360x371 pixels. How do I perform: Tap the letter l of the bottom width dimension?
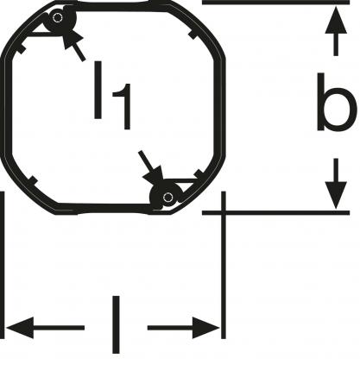pyautogui.click(x=116, y=324)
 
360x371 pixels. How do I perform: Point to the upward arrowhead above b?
pyautogui.click(x=336, y=20)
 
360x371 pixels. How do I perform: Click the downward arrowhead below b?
pyautogui.click(x=336, y=195)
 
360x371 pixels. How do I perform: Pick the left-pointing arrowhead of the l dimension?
pyautogui.click(x=19, y=328)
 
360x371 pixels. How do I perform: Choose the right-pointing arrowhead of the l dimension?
pyautogui.click(x=205, y=328)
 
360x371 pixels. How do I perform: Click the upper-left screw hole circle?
pyautogui.click(x=58, y=18)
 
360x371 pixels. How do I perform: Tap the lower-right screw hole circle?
pyautogui.click(x=167, y=198)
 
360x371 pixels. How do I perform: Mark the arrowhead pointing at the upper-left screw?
pyautogui.click(x=72, y=40)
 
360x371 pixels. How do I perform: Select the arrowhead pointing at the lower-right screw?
pyautogui.click(x=155, y=175)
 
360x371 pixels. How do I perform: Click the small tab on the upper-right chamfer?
pyautogui.click(x=193, y=35)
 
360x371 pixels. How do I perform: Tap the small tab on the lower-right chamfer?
pyautogui.click(x=199, y=174)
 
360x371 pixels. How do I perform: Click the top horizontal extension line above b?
pyautogui.click(x=276, y=3)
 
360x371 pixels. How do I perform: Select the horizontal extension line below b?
pyautogui.click(x=276, y=213)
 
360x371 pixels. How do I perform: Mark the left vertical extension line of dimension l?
pyautogui.click(x=2, y=265)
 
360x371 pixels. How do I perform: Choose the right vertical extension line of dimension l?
pyautogui.click(x=224, y=265)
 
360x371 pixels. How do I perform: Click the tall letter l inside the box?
pyautogui.click(x=98, y=90)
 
